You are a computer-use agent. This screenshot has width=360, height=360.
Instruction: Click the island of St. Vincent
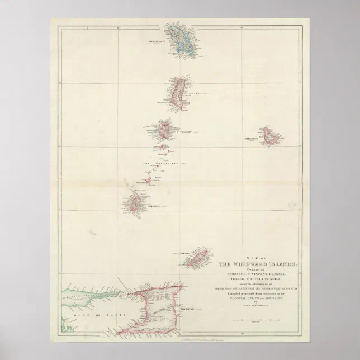[165, 130]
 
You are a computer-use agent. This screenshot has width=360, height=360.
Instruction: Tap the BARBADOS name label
[251, 139]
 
